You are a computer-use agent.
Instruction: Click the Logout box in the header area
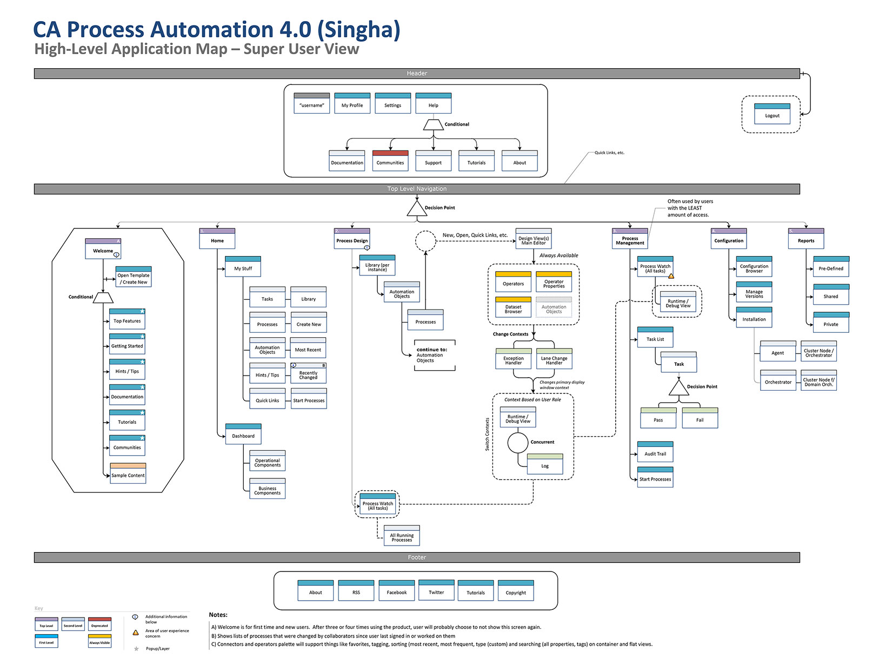[x=772, y=114]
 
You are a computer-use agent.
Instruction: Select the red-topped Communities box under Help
[x=390, y=161]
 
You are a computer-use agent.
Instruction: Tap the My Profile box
[x=352, y=103]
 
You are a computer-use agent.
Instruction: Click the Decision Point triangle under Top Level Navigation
[x=417, y=209]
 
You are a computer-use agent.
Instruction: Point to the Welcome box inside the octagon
[x=103, y=249]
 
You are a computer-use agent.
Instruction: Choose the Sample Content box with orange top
[x=128, y=473]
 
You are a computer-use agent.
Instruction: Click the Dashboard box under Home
[x=243, y=434]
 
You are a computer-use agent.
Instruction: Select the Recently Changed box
[x=308, y=373]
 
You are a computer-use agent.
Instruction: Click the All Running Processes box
[x=402, y=536]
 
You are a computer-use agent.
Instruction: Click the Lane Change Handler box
[x=554, y=359]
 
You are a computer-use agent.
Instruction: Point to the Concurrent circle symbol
[x=517, y=442]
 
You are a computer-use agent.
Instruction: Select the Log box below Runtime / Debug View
[x=545, y=464]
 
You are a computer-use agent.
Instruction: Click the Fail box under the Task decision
[x=700, y=418]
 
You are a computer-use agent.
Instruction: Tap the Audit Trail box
[x=655, y=452]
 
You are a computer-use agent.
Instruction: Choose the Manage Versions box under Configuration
[x=754, y=292]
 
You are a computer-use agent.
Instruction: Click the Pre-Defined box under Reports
[x=830, y=267]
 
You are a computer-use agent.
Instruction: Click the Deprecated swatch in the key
[x=99, y=623]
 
